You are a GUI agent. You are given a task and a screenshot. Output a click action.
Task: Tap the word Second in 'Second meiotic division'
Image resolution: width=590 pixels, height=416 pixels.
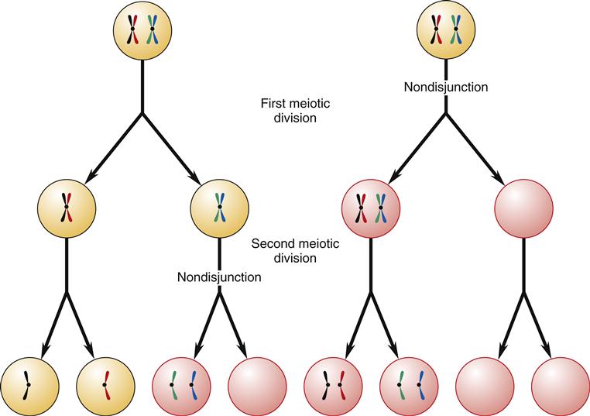click(271, 244)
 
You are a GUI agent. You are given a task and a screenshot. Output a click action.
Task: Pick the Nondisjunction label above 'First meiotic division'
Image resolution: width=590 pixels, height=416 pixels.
click(446, 87)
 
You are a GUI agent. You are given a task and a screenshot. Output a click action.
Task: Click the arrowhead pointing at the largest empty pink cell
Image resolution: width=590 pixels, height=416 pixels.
click(504, 181)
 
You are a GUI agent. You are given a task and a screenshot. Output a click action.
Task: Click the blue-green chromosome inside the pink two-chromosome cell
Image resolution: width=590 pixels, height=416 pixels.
click(380, 208)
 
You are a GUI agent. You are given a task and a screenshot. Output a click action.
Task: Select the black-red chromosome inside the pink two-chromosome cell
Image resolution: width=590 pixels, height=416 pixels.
click(361, 208)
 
